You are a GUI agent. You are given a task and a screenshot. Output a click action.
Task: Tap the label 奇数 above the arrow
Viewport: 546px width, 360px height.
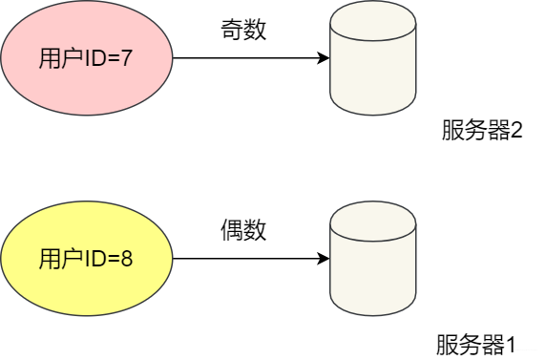(242, 30)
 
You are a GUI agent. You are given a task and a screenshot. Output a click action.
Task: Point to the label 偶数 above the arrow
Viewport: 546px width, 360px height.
(242, 230)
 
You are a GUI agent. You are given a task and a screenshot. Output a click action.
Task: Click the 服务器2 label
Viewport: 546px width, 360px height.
(482, 130)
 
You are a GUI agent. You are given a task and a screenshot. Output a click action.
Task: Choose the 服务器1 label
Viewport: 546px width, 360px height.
(475, 342)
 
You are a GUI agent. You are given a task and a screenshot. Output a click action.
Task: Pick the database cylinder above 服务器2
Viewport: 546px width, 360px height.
(372, 62)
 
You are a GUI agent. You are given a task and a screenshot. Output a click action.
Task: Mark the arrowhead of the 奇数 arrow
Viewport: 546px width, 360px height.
(323, 58)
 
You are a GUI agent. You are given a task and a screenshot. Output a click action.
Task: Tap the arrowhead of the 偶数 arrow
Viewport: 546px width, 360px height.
(323, 258)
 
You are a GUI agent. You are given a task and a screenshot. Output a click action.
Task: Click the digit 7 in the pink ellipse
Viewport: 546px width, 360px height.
(125, 58)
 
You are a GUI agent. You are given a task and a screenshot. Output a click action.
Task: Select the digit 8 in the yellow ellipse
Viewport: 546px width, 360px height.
(126, 258)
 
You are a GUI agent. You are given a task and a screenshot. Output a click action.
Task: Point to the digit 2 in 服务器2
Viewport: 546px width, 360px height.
(516, 130)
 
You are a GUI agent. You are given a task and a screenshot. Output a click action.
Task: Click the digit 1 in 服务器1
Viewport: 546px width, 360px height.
(510, 342)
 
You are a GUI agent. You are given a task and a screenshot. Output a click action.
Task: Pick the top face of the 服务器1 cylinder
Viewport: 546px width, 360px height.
(372, 225)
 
